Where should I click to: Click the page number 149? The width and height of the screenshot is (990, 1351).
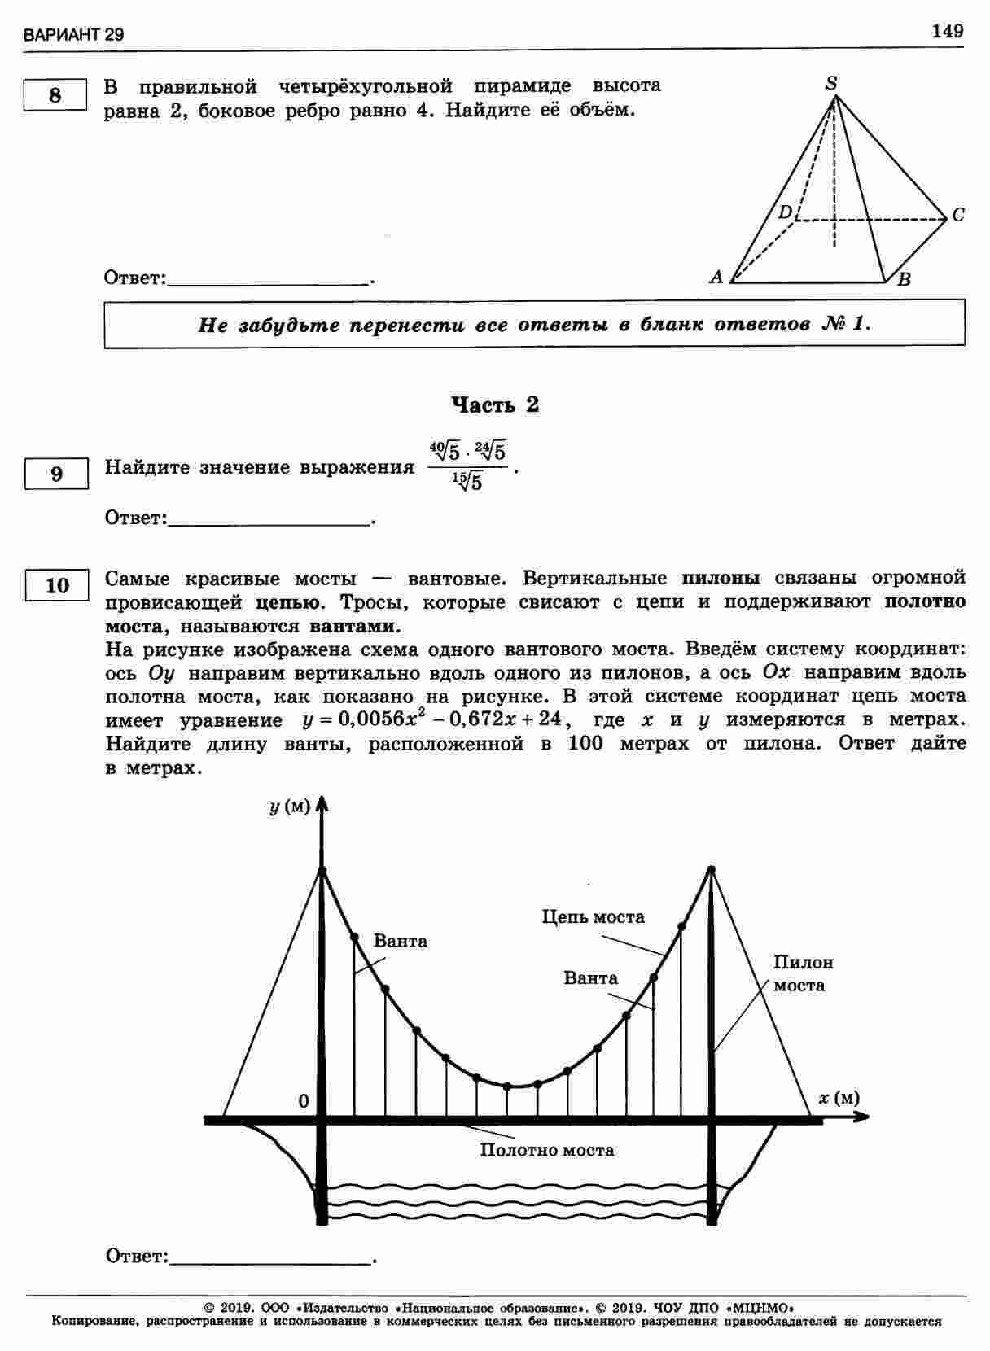coord(947,31)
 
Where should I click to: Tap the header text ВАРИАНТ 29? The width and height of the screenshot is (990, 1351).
coord(74,36)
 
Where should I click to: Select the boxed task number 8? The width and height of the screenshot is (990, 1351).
coord(55,95)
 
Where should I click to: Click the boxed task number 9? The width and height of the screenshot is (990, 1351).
coord(56,474)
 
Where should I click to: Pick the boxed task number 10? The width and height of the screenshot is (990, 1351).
coord(57,585)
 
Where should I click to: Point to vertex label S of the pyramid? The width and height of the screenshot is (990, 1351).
coord(830,83)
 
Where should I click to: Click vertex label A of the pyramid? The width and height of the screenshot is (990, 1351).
coord(716,277)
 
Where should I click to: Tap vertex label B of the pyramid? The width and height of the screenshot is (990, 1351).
coord(904,280)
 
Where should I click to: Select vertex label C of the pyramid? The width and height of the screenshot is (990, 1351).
coord(958,215)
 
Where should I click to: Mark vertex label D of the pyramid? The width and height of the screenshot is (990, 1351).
coord(784,213)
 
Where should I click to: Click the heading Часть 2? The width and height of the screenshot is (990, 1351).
coord(495,404)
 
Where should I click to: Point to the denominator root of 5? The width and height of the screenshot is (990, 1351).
coord(468,482)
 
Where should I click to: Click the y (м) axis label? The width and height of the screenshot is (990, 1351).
coord(290,807)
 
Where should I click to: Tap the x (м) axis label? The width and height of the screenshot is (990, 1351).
coord(839,1098)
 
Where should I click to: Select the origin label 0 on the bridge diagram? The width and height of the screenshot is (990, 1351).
coord(304,1101)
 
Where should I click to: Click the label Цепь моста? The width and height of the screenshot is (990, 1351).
coord(593,917)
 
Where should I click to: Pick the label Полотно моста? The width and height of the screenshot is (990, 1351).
coord(546,1150)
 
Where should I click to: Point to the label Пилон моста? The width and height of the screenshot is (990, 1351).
coord(802,973)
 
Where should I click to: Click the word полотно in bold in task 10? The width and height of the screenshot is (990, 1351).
coord(925,602)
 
